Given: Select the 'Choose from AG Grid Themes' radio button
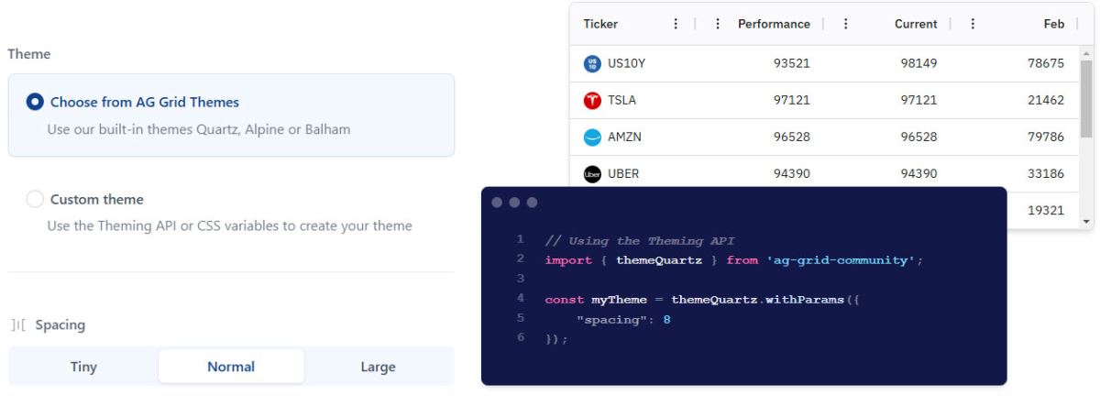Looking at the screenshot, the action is click(x=35, y=102).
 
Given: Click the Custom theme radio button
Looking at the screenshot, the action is click(x=35, y=199).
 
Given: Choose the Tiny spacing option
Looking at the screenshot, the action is click(x=83, y=367).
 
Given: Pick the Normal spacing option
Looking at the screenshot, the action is click(x=231, y=367).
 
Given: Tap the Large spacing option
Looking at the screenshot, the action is click(x=378, y=367).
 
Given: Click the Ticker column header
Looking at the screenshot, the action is click(x=600, y=24).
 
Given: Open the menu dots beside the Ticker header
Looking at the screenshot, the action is click(x=676, y=24).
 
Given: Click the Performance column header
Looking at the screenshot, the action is click(x=774, y=24).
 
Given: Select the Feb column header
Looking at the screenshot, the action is click(x=1054, y=24).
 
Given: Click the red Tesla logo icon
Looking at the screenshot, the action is click(x=592, y=100).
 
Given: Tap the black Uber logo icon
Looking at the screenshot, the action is click(x=592, y=174).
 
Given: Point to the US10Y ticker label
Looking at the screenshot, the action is click(x=627, y=63).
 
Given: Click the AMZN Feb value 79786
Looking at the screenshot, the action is click(x=1046, y=137).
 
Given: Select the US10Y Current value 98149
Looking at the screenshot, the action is click(x=918, y=63).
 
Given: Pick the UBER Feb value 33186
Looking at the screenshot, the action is click(x=1046, y=173).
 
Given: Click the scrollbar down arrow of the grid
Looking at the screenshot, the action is click(x=1086, y=222).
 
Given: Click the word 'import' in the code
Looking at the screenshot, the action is click(x=568, y=260).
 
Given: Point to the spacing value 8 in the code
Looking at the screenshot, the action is click(x=666, y=320).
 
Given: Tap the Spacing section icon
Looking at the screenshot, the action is click(x=18, y=324).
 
